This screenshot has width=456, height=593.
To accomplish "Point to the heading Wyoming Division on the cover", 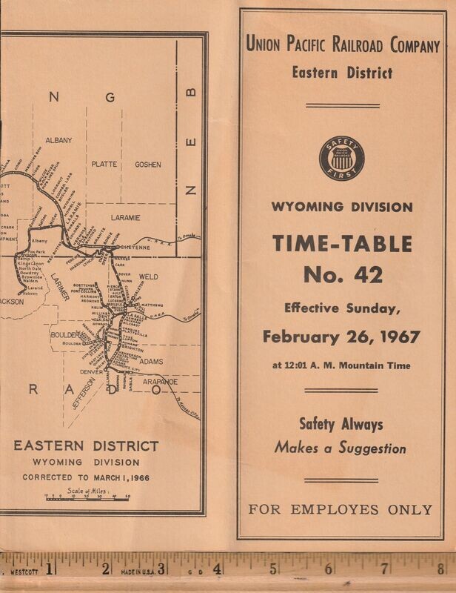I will tap(341, 206).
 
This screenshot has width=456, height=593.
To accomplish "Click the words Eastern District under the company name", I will tap(341, 72).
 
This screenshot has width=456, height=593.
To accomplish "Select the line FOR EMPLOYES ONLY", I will tap(341, 509).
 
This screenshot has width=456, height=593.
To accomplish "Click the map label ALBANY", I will tap(58, 139).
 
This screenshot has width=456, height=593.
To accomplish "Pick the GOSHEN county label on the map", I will tap(147, 164).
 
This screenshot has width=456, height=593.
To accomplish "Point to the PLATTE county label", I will tap(104, 164).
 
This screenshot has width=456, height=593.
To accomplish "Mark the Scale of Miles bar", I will tap(87, 497).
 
